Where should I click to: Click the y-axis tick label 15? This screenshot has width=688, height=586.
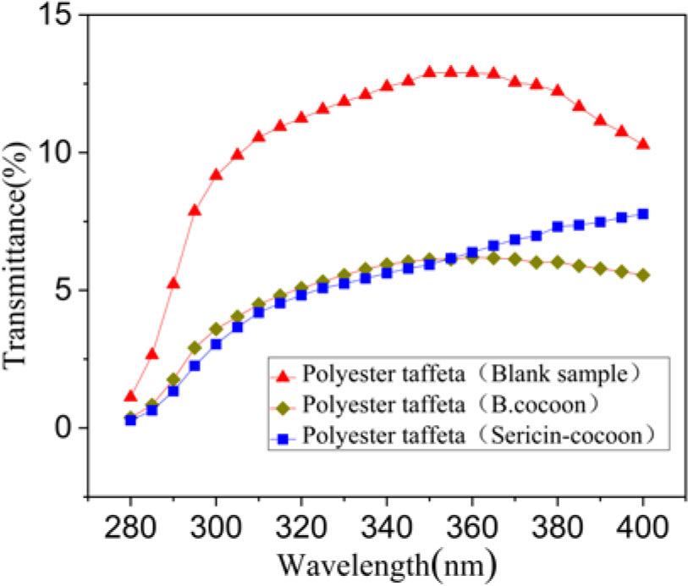coord(52,16)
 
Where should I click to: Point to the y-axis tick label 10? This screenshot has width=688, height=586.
coord(52,153)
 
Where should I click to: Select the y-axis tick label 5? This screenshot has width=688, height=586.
coord(61,290)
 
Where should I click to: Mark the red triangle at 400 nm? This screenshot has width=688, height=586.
coord(643,144)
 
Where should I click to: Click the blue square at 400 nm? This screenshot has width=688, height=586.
coord(643,214)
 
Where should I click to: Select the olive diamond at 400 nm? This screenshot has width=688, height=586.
coord(643,275)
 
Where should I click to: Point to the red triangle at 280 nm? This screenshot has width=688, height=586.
coord(130,396)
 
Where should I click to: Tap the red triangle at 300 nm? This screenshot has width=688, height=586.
coord(216,174)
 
